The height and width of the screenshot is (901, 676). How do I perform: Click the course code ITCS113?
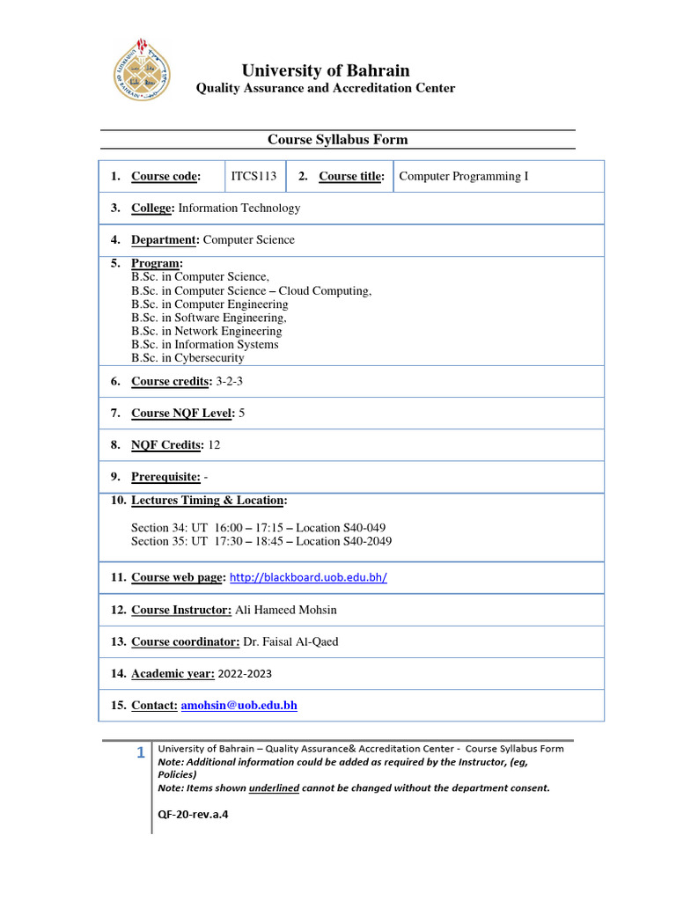253,176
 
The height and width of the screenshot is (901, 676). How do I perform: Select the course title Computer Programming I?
464,176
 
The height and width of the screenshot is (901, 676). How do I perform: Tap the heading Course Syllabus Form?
337,140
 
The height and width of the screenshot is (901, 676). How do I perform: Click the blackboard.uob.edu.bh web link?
308,578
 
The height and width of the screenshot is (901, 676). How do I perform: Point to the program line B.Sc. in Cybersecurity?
187,358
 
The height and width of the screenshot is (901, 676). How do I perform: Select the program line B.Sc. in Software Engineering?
209,318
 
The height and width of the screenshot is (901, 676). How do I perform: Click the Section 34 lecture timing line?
258,528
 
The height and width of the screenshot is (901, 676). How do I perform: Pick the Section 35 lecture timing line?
261,541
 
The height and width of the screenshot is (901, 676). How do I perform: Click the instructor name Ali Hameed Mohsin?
286,610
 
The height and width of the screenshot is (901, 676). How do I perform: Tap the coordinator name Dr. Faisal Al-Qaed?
290,641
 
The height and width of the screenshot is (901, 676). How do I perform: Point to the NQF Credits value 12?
214,445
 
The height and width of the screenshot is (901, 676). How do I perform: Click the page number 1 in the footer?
140,752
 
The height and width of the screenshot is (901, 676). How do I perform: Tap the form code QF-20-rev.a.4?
193,814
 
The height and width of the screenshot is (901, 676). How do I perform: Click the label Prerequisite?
165,477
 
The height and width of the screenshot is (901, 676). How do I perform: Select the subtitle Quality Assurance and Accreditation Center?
325,88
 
